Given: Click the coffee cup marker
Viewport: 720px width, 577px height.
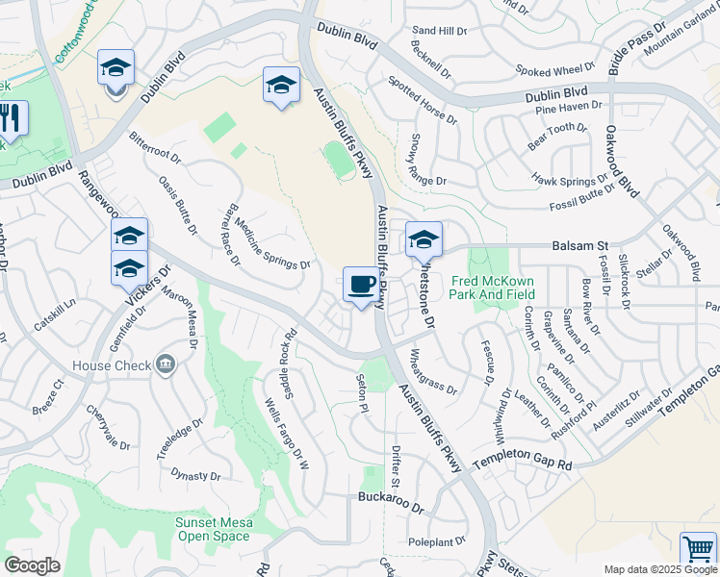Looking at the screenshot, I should coord(361,285).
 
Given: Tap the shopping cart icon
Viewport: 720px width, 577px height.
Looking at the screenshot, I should coord(698,550).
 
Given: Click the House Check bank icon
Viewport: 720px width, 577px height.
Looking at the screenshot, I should coord(166,364).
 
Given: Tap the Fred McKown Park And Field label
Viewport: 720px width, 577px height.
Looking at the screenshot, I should coord(493,288).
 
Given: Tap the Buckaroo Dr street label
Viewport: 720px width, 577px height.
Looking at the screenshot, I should coord(390,498).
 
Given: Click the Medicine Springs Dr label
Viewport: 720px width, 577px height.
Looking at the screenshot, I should coord(271,240).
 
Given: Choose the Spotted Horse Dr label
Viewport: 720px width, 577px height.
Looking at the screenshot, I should coord(423,101).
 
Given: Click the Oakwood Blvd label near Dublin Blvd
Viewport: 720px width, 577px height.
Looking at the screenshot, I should coord(622,163).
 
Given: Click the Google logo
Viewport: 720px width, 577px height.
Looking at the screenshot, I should coord(32,565).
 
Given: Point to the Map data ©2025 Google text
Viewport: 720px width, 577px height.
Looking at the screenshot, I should coord(660,569).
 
